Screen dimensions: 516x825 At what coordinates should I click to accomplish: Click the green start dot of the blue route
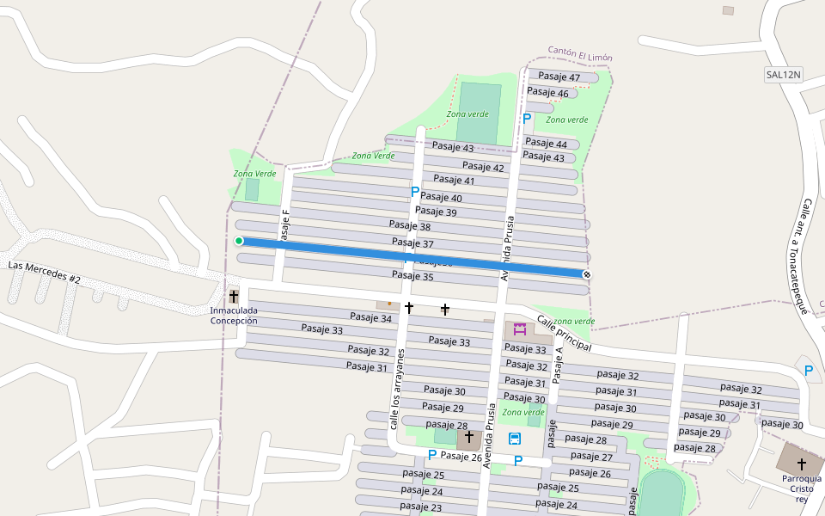[x=239, y=241]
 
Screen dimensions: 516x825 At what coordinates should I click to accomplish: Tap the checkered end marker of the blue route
[x=587, y=273]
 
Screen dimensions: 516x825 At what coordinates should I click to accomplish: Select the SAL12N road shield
[x=783, y=75]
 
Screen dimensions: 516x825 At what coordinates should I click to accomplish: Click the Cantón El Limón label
[x=580, y=54]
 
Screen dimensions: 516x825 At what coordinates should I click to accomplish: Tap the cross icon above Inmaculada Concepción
[x=234, y=296]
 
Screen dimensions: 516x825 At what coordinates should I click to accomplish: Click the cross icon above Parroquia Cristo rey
[x=802, y=464]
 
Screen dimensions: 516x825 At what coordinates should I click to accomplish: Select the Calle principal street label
[x=564, y=333]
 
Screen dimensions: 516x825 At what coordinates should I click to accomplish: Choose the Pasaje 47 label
[x=559, y=77]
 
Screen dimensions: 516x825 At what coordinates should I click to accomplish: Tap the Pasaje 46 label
[x=547, y=92]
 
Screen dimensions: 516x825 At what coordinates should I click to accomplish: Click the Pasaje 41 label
[x=454, y=180]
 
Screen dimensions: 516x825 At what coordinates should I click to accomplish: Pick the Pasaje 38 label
[x=411, y=227]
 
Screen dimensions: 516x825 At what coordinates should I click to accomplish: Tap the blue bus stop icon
[x=515, y=439]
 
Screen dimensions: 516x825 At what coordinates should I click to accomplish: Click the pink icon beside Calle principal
[x=519, y=329]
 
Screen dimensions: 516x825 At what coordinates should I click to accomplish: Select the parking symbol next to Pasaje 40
[x=414, y=192]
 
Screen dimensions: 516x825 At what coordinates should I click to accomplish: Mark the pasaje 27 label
[x=591, y=457]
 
